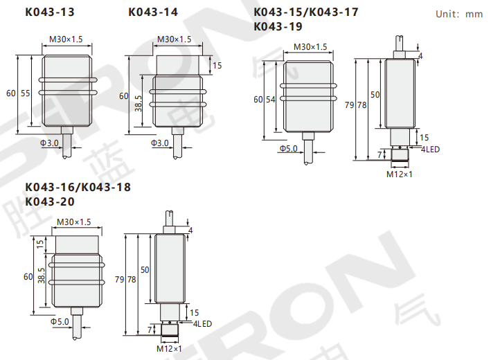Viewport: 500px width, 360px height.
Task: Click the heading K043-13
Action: [x=50, y=12]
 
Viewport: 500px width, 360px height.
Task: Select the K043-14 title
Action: [x=153, y=12]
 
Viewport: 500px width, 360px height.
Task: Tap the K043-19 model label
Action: [x=278, y=26]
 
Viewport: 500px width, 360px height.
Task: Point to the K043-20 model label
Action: [x=50, y=201]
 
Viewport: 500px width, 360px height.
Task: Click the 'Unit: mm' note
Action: [x=459, y=15]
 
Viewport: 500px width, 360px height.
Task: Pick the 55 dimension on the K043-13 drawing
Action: [x=26, y=93]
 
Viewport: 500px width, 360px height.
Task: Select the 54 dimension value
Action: [x=271, y=100]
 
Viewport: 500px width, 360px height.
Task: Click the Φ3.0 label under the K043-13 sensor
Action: [x=49, y=143]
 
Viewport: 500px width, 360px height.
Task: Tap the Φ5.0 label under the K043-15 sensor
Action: [x=288, y=149]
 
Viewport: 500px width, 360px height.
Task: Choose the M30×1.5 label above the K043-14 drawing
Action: [x=175, y=39]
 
